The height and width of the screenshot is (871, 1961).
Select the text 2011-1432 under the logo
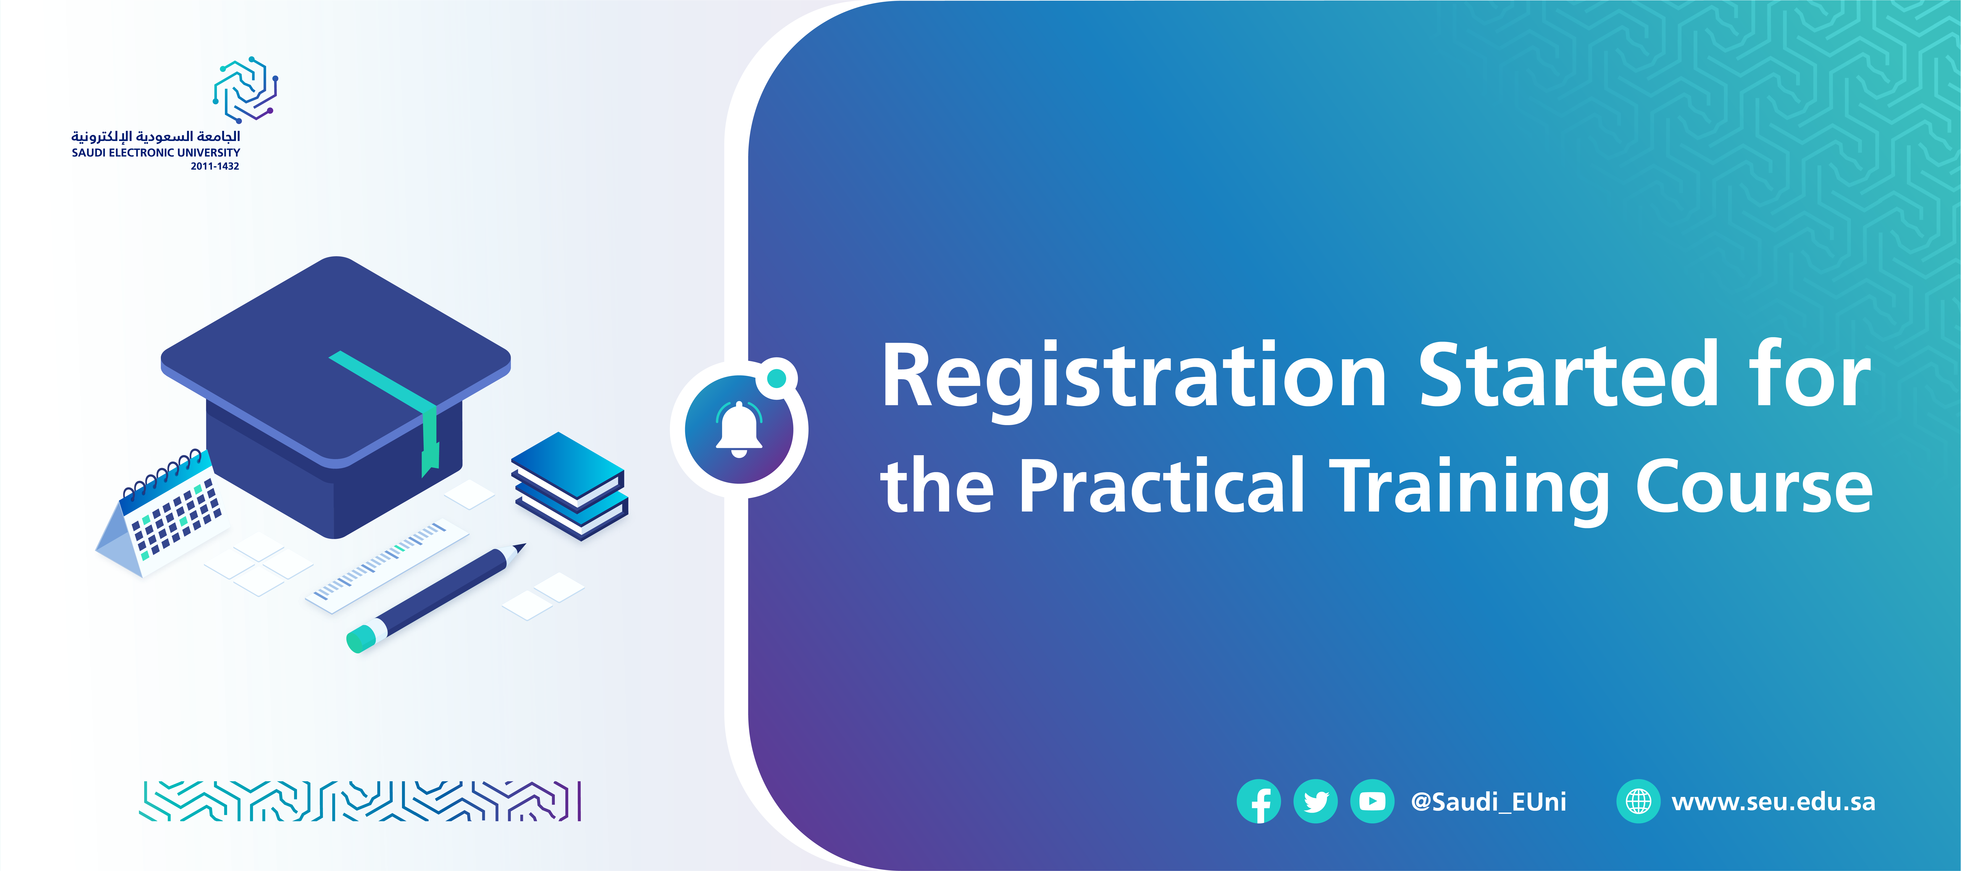coord(215,166)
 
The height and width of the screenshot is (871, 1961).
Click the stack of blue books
coord(569,486)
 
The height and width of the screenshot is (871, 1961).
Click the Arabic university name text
coord(156,136)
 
